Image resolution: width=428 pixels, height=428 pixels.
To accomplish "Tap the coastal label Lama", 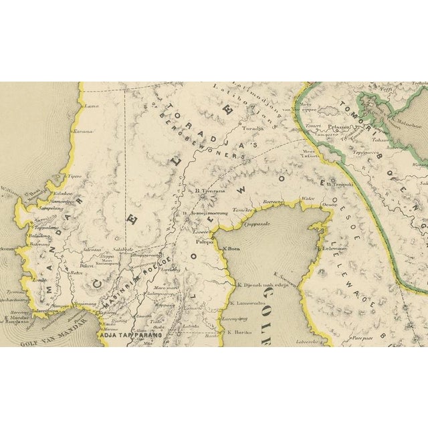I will coord(90,106).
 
